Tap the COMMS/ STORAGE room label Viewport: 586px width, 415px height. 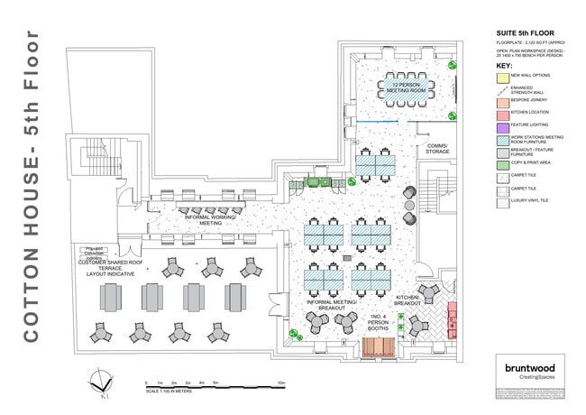pyautogui.click(x=431, y=149)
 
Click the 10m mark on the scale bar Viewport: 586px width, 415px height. pyautogui.click(x=282, y=383)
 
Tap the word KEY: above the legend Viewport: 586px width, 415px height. pyautogui.click(x=505, y=65)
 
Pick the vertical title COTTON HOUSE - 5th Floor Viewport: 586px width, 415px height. pyautogui.click(x=29, y=185)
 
